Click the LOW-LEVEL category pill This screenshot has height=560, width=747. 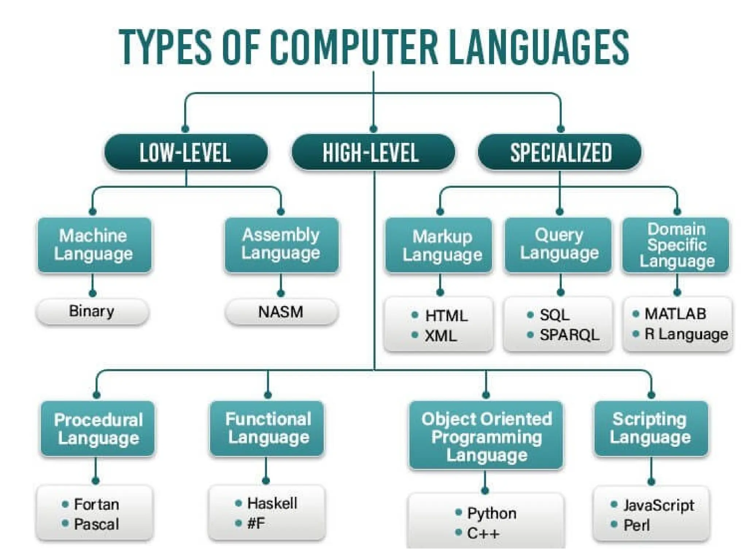point(186,152)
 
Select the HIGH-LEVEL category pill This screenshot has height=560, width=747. point(373,152)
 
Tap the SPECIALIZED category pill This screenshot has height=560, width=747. point(560,152)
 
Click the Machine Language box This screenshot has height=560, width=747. point(94,245)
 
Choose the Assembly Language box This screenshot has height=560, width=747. point(281,244)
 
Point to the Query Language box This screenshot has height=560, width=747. point(558,244)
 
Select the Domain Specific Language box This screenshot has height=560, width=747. point(676,245)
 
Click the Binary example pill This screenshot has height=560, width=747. point(92,312)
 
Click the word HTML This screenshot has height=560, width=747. point(446,316)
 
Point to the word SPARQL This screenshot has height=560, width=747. point(569,335)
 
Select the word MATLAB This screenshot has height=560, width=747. point(675,314)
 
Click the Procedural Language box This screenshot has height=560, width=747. point(98,428)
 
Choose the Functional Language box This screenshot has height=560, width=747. point(267,428)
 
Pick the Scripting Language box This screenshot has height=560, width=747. point(651,428)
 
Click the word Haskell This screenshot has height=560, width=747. point(272,503)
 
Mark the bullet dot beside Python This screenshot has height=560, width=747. point(459,513)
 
